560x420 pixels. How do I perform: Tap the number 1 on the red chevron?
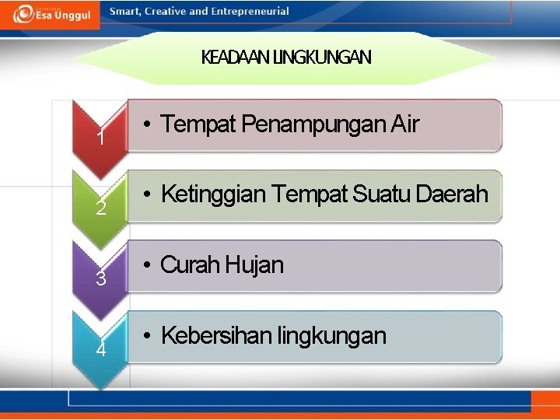(x=100, y=139)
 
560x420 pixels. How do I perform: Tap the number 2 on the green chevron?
(x=100, y=208)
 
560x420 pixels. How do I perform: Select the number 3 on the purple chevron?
(x=100, y=278)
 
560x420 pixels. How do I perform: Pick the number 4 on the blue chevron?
(x=101, y=349)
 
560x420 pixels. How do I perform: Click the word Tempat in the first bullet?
(x=198, y=124)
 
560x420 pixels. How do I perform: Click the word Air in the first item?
(x=404, y=124)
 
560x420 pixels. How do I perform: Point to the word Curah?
(x=191, y=264)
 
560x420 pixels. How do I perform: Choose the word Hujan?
(x=255, y=265)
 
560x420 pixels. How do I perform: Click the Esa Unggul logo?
(x=51, y=14)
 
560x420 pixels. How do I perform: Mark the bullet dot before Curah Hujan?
(x=147, y=265)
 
